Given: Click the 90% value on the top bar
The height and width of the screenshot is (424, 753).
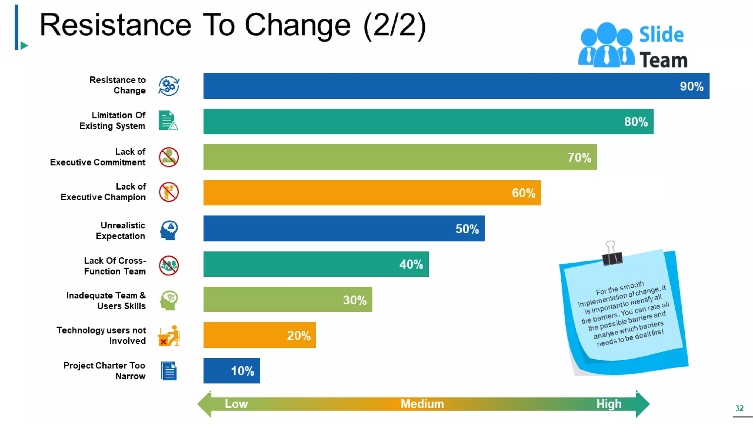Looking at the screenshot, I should point(691,86).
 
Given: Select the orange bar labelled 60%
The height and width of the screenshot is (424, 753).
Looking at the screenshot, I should point(371,193).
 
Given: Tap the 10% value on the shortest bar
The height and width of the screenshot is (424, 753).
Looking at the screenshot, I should point(242,371).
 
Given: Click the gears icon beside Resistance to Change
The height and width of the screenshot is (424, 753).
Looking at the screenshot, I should point(169,86).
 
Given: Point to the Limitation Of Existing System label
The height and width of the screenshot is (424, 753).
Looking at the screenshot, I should point(113,120).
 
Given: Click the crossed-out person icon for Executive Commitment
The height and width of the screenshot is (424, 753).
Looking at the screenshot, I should point(169,157).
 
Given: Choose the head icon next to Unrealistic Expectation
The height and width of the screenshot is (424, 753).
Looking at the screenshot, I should point(169,230).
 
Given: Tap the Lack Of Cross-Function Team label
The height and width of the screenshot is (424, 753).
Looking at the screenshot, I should point(115,266).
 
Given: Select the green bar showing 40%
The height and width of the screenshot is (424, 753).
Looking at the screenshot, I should point(315,264).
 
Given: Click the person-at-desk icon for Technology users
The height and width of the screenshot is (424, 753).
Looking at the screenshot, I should point(169,336).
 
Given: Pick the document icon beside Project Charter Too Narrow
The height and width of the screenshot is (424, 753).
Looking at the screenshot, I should point(169,371).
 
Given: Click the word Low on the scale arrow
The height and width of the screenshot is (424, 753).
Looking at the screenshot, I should point(236,404).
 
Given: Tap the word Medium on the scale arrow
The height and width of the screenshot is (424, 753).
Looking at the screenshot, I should point(422,404).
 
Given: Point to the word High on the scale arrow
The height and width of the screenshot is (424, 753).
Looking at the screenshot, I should point(609,404).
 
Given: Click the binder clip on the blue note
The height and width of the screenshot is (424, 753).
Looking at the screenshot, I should point(611,254).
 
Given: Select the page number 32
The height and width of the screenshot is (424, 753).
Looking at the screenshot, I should point(739,408).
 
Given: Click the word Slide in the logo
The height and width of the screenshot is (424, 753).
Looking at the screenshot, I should point(661,35).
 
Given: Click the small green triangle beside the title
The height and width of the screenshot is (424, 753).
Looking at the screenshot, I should point(24,46).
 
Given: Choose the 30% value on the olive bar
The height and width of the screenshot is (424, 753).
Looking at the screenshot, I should point(354,300).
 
